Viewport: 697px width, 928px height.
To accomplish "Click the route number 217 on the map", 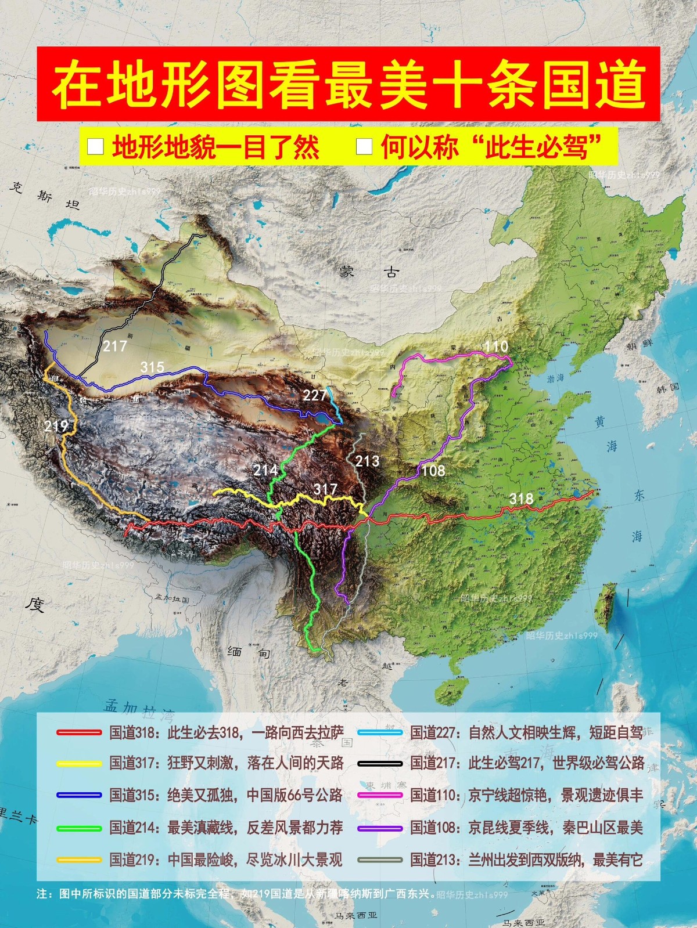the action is click(115, 346).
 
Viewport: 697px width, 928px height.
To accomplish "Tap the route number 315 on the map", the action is click(152, 367).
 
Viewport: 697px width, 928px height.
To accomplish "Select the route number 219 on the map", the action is click(56, 426).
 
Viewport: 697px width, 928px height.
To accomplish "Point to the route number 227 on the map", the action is click(314, 395).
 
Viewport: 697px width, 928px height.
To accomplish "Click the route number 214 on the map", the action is click(265, 470).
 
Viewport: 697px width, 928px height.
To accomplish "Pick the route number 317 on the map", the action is click(325, 489).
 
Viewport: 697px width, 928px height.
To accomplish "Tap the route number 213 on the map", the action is click(367, 461).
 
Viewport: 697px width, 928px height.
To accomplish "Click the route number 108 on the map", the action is click(433, 471).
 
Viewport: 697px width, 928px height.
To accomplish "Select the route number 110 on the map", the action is click(496, 346).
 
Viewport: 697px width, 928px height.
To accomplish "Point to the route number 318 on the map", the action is click(521, 498).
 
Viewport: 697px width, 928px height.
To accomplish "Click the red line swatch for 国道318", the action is click(79, 732).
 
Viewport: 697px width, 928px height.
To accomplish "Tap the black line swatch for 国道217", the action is click(380, 764).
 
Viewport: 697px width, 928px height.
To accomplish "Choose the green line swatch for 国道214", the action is click(79, 828).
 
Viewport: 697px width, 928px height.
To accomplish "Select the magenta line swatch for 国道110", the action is click(380, 796).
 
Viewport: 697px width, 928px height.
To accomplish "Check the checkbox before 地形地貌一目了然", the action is click(95, 146).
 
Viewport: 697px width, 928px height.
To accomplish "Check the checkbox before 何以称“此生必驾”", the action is click(364, 146).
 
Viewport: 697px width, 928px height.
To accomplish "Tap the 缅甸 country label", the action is click(249, 652).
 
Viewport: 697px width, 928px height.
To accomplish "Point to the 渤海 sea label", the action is click(555, 378).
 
